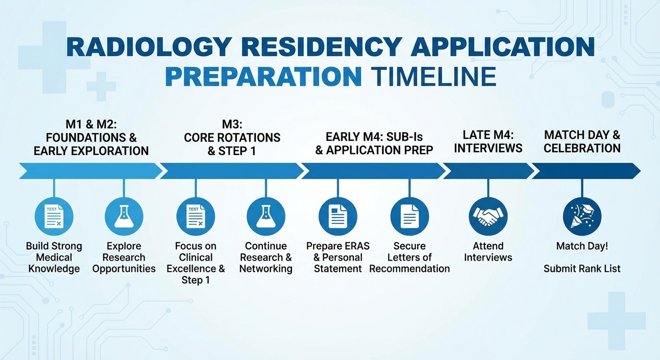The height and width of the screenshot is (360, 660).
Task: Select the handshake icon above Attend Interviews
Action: tap(488, 216)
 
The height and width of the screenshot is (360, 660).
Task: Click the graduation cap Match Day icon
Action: tap(582, 216)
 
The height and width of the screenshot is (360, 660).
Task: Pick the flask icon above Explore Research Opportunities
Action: tap(124, 216)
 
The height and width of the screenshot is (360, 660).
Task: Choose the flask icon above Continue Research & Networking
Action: tap(266, 216)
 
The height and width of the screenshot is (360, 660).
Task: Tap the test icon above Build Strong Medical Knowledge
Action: tap(54, 216)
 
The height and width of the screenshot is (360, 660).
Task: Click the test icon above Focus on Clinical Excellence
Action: tap(195, 216)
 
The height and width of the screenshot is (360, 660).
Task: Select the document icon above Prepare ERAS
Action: tap(337, 216)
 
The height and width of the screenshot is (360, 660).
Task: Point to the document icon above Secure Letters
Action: tap(409, 216)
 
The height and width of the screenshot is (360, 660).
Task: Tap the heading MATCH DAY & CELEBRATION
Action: tap(582, 141)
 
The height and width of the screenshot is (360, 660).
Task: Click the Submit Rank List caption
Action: tap(582, 269)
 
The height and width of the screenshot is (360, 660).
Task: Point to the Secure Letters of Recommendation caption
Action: tap(409, 257)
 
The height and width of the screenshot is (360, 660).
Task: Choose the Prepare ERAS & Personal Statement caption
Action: tap(337, 257)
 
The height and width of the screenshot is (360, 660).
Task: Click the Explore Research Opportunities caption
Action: tap(124, 257)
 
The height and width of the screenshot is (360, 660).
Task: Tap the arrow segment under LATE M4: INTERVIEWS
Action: tap(488, 171)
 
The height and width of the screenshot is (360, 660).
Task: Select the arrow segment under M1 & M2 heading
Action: tap(89, 171)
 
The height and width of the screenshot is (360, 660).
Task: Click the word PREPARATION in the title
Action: tap(263, 76)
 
